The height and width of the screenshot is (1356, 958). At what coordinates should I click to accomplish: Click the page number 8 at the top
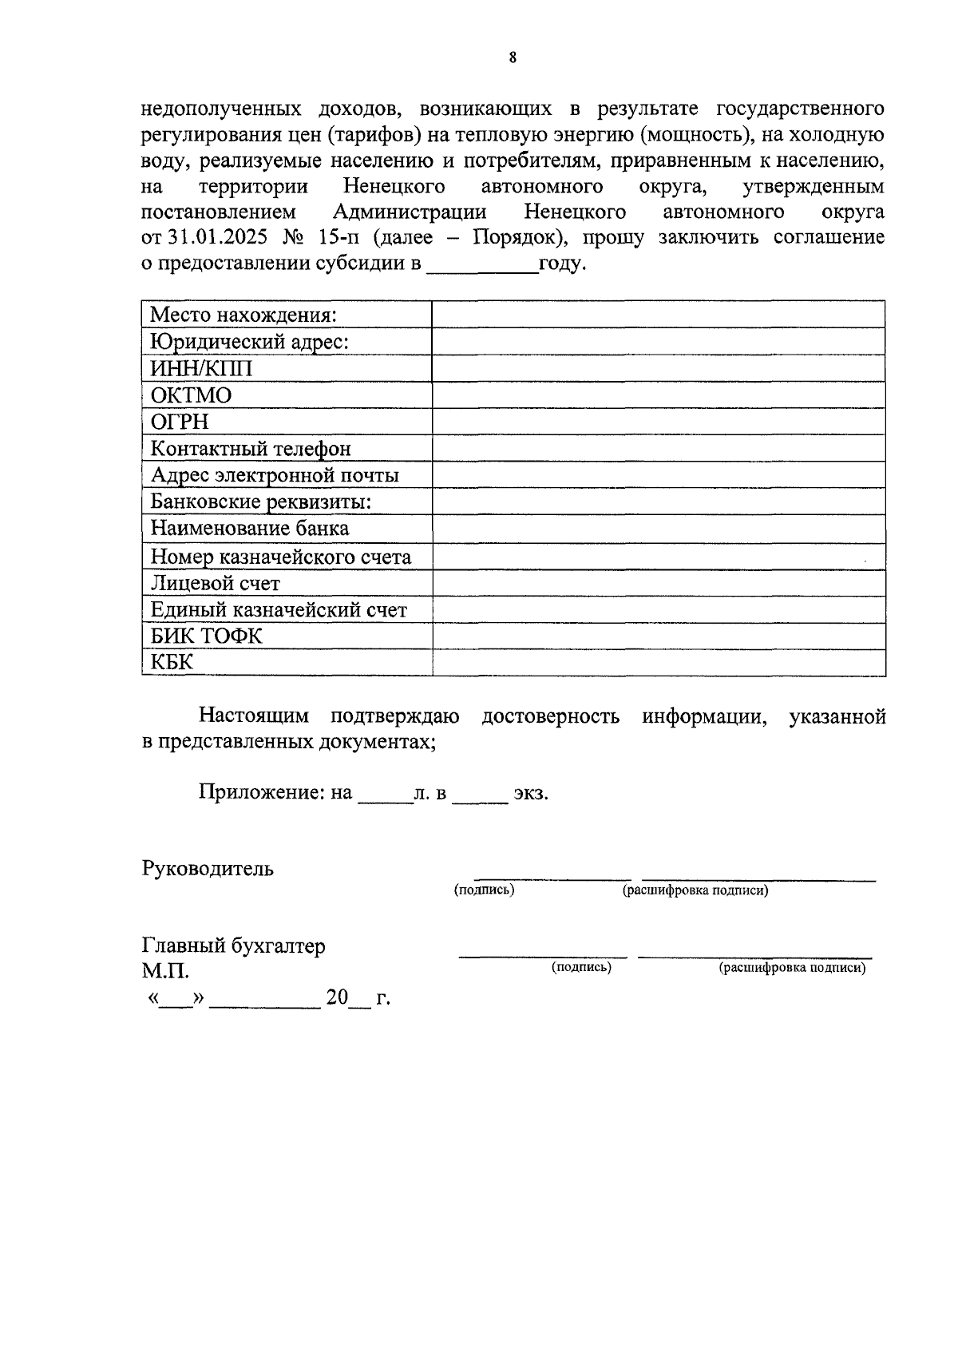click(512, 57)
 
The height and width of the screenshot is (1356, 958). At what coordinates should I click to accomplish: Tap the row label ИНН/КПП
click(201, 369)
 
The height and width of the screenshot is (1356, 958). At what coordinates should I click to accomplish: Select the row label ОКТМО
click(191, 395)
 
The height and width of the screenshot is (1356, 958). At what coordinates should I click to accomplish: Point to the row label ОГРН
click(180, 422)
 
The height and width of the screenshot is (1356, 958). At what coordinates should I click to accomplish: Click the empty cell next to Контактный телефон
click(658, 448)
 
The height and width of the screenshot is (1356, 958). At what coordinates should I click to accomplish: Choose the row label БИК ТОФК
click(207, 636)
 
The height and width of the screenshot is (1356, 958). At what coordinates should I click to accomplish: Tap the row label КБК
click(172, 663)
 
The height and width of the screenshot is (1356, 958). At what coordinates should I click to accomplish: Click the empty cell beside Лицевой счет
click(658, 583)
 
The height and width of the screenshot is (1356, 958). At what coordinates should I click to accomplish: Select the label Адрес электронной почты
click(275, 475)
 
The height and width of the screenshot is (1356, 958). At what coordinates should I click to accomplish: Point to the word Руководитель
click(208, 869)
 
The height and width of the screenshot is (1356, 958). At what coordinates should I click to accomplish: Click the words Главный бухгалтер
click(234, 946)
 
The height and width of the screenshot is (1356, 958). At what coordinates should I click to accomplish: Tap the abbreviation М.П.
click(165, 972)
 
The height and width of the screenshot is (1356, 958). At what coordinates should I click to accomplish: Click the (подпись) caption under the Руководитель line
click(484, 890)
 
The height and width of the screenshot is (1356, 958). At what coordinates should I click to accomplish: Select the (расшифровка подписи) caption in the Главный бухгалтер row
click(792, 968)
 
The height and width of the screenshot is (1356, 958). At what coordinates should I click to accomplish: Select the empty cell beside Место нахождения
click(658, 315)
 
